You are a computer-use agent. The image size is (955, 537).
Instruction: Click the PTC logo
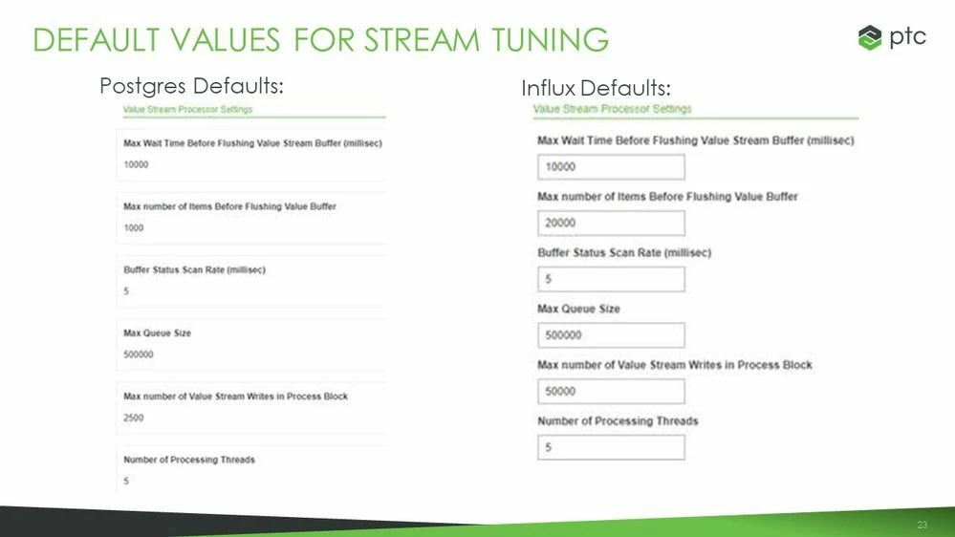coord(892,38)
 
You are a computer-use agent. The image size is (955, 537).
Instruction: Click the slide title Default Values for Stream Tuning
coord(320,39)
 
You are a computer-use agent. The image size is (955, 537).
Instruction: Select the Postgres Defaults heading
coord(191,86)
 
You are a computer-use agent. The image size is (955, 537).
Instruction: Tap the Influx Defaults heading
coord(596,88)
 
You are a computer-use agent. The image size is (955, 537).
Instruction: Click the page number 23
coord(922,526)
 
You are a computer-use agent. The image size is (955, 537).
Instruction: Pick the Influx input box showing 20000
coord(611,223)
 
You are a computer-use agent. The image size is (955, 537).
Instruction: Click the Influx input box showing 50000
coord(611,391)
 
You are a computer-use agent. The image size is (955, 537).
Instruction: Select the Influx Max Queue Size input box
coord(611,335)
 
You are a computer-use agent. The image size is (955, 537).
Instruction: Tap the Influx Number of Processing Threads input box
coord(611,447)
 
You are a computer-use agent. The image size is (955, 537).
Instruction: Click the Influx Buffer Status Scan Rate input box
coord(611,279)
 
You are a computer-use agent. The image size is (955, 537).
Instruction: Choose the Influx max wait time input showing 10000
coord(611,166)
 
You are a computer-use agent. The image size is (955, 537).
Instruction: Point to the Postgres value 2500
coord(133,418)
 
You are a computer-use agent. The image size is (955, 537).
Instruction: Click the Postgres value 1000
coord(133,228)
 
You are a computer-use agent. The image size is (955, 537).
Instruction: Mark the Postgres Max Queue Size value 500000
coord(138,354)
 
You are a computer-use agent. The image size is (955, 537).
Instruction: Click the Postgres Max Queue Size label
coord(158,333)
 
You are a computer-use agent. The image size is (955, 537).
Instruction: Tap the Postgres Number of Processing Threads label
coord(188,460)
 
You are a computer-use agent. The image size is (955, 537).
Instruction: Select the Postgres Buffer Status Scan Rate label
coord(194,270)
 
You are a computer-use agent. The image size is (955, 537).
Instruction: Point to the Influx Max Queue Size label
coord(578,309)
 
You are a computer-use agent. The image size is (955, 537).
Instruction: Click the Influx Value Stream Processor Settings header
coord(612,109)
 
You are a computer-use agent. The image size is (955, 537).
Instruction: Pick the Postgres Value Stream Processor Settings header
coord(187,110)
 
